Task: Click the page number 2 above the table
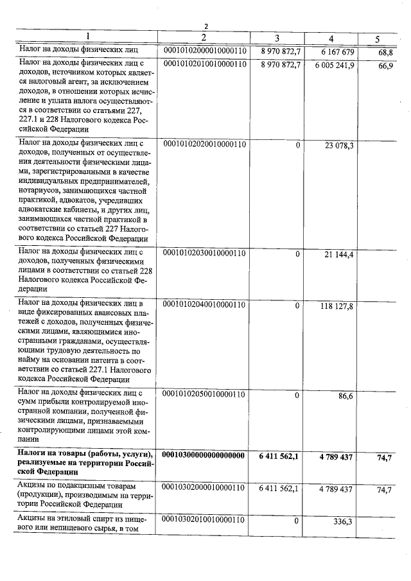click(x=206, y=26)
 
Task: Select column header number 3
click(x=277, y=38)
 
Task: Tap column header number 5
click(x=377, y=39)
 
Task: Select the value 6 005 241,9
click(x=334, y=65)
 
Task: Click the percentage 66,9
click(x=385, y=66)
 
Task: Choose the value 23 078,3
click(x=339, y=146)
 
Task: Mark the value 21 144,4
click(x=339, y=254)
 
